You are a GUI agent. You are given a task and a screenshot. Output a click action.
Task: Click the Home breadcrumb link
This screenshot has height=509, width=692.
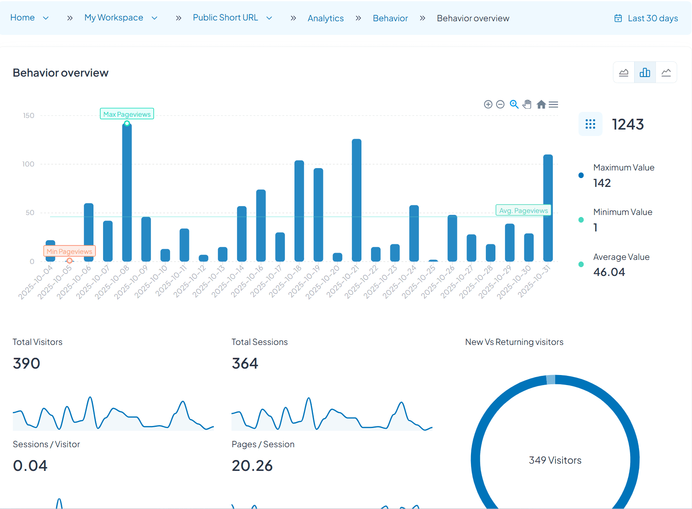[x=22, y=18]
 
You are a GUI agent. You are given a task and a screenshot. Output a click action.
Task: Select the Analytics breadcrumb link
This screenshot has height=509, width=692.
[x=325, y=18]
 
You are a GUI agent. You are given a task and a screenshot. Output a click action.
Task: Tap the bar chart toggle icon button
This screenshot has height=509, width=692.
[x=645, y=72]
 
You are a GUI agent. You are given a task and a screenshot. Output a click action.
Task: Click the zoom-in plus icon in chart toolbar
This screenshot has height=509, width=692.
[x=488, y=104]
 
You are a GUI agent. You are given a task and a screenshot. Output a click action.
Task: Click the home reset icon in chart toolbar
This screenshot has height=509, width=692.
[x=541, y=104]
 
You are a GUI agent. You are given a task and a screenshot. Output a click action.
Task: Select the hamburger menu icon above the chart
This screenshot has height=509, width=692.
[x=554, y=104]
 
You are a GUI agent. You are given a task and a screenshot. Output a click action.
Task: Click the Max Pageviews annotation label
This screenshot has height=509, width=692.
[x=127, y=114]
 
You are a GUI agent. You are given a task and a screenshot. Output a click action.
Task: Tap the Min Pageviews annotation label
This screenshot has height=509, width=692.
[x=69, y=251]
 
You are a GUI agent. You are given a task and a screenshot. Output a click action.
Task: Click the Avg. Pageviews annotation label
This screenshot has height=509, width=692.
[x=523, y=210]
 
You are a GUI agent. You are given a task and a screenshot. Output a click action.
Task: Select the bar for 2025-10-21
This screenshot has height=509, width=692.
[x=356, y=201]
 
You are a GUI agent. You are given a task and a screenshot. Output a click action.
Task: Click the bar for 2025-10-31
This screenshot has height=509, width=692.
[x=548, y=209]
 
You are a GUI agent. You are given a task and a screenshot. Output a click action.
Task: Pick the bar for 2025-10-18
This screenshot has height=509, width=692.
[x=299, y=211]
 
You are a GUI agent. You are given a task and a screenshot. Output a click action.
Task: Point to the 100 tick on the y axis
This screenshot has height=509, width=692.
[x=28, y=164]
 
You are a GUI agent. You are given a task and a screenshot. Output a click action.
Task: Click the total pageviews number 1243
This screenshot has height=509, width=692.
[x=627, y=124]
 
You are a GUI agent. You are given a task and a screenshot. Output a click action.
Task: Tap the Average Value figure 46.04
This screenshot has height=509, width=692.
[x=609, y=272]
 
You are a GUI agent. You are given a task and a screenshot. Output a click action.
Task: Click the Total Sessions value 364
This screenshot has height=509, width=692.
[x=245, y=363]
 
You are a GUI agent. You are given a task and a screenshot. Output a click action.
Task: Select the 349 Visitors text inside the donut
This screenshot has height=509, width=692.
[x=555, y=460]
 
